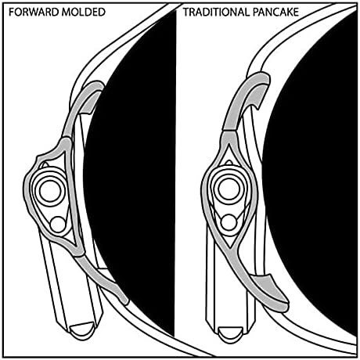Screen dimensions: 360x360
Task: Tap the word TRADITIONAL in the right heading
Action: click(216, 12)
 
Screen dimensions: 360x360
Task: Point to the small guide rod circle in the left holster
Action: click(58, 224)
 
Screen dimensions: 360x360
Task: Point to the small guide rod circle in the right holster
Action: click(229, 222)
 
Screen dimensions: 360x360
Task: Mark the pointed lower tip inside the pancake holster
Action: click(229, 247)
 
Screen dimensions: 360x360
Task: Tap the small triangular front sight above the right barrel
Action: click(229, 162)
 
